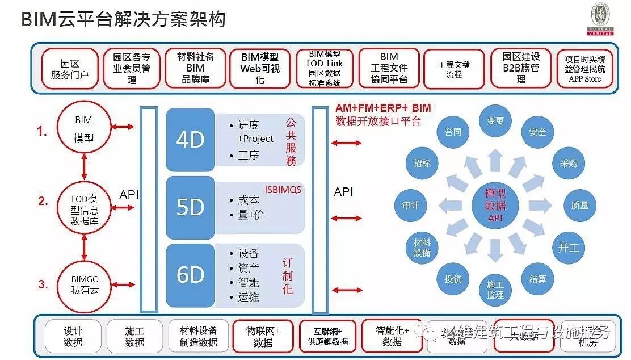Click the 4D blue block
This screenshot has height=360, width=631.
(190, 140)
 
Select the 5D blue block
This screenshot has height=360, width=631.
(190, 208)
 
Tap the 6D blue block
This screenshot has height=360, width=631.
(190, 275)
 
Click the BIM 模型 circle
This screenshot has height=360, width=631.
(83, 128)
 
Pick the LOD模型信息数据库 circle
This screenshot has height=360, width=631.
(83, 210)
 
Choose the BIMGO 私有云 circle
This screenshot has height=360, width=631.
(83, 284)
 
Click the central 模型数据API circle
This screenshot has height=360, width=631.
(495, 205)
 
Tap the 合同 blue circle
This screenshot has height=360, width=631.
(453, 132)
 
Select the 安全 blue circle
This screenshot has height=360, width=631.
(537, 132)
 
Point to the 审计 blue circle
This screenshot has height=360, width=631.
(410, 205)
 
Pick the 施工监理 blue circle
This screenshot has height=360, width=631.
(495, 289)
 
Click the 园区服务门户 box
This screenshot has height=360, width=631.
(70, 69)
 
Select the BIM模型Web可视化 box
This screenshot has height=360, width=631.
(260, 69)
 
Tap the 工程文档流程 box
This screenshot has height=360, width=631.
(454, 69)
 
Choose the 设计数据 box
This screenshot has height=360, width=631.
(73, 336)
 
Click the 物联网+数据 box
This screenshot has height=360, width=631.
(263, 336)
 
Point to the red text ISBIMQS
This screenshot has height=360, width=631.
(283, 190)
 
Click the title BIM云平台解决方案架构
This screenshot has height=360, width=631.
(123, 20)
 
